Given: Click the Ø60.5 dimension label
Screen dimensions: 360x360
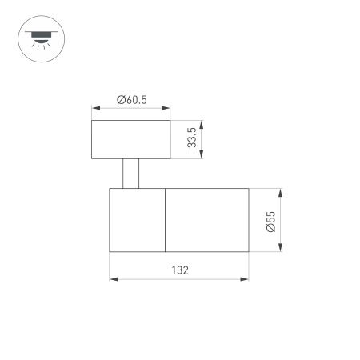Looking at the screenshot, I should click(x=130, y=99).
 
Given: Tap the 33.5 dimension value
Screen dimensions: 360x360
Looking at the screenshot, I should click(x=193, y=140).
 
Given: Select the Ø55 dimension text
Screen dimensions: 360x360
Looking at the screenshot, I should click(x=271, y=221).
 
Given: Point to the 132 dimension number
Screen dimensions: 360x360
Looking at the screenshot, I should click(x=179, y=270).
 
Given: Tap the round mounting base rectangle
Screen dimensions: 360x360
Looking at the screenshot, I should click(x=131, y=140).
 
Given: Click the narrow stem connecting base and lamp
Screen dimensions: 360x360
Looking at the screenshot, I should click(x=131, y=174).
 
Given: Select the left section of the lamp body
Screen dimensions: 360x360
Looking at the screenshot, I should click(x=137, y=221).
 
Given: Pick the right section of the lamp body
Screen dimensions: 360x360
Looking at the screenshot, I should click(x=206, y=221).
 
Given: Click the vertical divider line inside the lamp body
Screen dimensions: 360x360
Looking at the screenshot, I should click(x=165, y=221).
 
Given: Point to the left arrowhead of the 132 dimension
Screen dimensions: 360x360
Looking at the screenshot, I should click(x=112, y=279).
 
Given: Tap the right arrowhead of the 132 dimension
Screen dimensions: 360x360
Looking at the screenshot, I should click(x=246, y=279).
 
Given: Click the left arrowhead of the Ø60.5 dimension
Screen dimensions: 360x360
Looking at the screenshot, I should click(x=94, y=109).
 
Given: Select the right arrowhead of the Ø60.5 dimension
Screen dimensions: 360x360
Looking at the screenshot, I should click(x=168, y=109).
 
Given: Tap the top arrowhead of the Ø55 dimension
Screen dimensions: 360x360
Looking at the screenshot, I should click(x=282, y=192).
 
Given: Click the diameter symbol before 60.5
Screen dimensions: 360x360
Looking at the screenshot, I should click(x=119, y=99).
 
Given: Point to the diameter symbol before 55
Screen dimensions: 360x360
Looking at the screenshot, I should click(x=271, y=229).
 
